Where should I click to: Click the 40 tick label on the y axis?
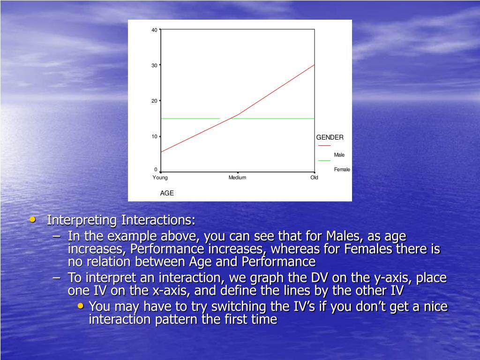point(154,30)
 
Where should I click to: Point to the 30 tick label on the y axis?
point(154,66)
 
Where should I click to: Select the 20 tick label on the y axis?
point(154,101)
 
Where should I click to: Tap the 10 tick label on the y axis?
point(154,136)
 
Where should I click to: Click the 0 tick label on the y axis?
point(156,170)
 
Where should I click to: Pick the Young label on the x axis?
point(160,178)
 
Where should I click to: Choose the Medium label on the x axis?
point(237,178)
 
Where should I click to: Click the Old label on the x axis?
point(315,178)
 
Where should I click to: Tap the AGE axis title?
point(167,193)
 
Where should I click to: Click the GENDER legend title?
point(330,137)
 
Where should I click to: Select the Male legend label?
point(339,155)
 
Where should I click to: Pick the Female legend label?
point(342,170)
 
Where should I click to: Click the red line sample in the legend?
point(324,145)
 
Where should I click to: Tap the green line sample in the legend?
point(324,160)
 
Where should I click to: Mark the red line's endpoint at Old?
point(315,65)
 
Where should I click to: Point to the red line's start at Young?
point(161,152)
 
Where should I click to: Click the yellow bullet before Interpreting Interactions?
point(33,219)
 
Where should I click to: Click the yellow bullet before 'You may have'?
point(81,306)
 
